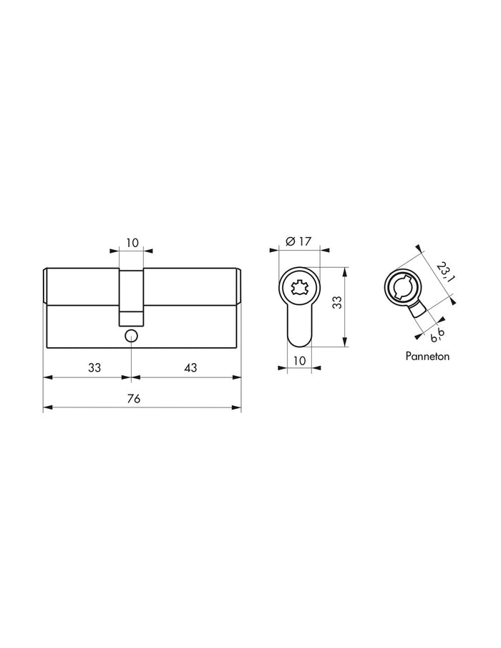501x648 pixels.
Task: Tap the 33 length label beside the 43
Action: tap(94, 367)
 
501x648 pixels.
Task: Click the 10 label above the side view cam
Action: tap(132, 243)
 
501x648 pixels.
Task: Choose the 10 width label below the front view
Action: tap(298, 360)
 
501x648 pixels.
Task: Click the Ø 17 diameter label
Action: tap(298, 242)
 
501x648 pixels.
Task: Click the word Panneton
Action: tap(427, 356)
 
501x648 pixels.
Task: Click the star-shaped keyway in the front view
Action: tap(298, 288)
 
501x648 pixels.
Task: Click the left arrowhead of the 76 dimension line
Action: tap(47, 408)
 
